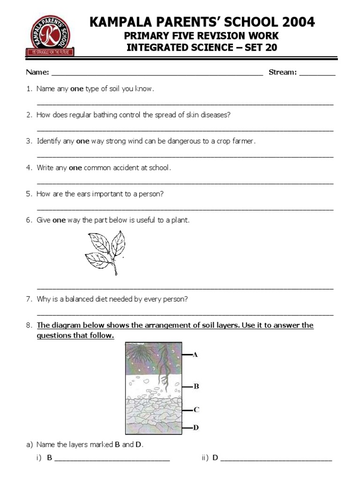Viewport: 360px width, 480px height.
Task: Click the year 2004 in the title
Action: (x=295, y=22)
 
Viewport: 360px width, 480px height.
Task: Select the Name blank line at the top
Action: (x=157, y=73)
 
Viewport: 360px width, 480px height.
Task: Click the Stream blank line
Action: (x=317, y=73)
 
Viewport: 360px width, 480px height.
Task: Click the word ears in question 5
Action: (x=83, y=194)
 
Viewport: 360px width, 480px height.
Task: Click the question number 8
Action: (x=29, y=325)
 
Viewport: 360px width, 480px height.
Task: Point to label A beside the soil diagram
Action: (x=195, y=355)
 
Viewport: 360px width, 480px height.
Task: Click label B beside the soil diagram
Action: (x=196, y=386)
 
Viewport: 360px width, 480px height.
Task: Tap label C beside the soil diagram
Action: (x=196, y=409)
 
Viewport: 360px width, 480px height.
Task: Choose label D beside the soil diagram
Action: (x=196, y=427)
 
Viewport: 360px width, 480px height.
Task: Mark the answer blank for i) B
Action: (x=112, y=458)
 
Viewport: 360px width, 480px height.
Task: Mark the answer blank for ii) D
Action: (x=276, y=458)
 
